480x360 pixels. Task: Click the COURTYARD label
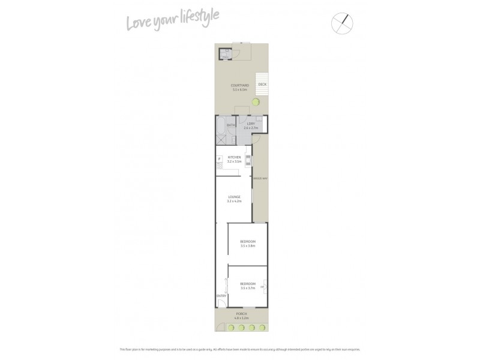click(239, 85)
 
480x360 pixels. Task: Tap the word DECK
click(262, 85)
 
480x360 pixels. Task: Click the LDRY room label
click(250, 124)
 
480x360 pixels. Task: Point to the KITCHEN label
click(234, 157)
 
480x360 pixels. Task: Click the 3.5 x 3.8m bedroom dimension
click(248, 245)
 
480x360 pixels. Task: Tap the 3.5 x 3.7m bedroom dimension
click(248, 287)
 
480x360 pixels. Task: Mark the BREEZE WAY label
click(260, 178)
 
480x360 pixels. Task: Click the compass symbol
click(342, 23)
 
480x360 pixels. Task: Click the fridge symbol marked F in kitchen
click(219, 159)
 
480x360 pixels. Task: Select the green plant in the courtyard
click(256, 103)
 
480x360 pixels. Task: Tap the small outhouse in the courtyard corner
click(224, 54)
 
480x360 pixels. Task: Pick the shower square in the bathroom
click(221, 140)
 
